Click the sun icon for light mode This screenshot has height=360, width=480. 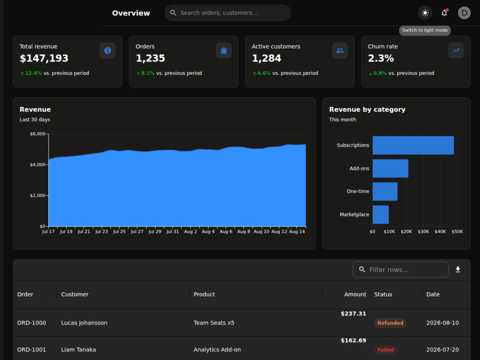tap(425, 13)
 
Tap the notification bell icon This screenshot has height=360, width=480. tap(444, 13)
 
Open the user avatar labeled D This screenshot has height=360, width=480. tap(464, 13)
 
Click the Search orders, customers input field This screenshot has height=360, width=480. tap(228, 13)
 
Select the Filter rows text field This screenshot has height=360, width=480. tap(400, 269)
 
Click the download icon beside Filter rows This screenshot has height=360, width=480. tap(458, 269)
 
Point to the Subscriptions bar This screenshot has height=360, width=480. tap(413, 145)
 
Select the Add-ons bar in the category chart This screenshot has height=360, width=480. tap(390, 168)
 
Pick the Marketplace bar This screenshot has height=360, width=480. tap(381, 215)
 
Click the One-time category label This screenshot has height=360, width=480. tap(358, 192)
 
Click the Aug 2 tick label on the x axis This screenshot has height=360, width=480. tap(191, 232)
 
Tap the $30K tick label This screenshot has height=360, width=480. tap(423, 232)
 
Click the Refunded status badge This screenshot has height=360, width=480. tap(390, 323)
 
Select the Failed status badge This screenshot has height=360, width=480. tap(385, 350)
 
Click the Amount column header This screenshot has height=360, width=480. tap(355, 295)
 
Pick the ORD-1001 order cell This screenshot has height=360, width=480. tap(32, 349)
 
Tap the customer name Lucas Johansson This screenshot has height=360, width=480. tap(84, 323)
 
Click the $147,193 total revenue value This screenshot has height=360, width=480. tap(44, 58)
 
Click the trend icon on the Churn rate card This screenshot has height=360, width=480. tap(456, 50)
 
